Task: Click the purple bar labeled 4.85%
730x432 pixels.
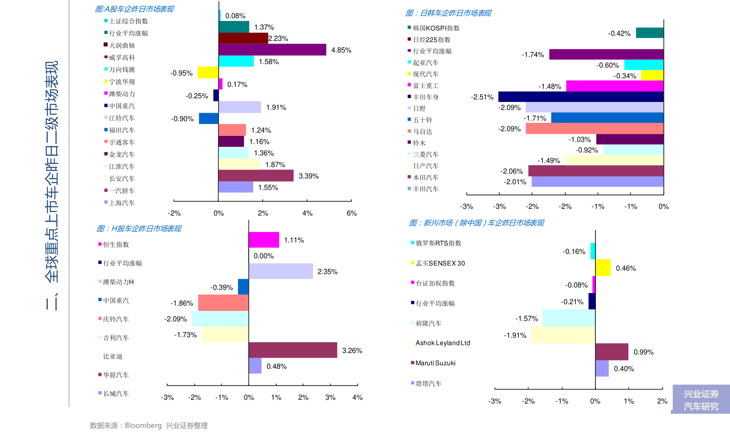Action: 272,50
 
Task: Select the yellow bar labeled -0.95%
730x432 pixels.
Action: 208,73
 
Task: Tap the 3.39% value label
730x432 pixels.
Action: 308,176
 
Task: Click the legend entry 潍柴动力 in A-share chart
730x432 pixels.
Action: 122,94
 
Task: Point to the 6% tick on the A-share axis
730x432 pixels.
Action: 351,213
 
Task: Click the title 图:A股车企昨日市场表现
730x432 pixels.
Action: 134,9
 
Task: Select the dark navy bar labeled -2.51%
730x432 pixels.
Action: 581,97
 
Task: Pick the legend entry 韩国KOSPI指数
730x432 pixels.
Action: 436,28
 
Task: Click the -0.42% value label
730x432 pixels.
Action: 619,34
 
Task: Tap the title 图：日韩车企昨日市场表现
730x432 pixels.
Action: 448,13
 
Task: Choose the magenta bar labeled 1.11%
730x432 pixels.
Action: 264,240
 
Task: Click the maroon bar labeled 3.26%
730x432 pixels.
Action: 293,350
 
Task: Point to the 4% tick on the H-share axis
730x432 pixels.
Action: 357,397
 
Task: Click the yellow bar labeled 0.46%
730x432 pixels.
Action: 603,268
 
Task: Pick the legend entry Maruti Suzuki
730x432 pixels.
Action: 435,363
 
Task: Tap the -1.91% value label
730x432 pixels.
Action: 515,335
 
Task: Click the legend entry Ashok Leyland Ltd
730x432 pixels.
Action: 443,343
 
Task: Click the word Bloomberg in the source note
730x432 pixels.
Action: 143,425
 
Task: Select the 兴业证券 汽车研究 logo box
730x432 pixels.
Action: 700,399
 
